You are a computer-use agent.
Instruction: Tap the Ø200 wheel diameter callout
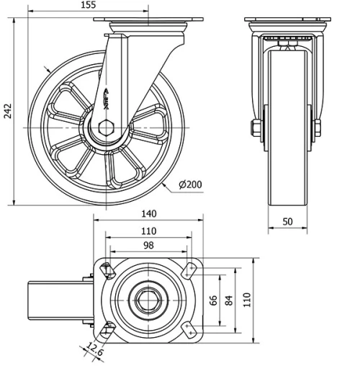189,184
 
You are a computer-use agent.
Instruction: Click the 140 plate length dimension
148,213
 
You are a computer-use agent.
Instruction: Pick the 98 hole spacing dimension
148,246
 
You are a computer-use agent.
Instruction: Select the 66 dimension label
213,301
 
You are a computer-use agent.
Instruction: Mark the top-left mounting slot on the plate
107,270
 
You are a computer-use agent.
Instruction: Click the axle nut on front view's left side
256,129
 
